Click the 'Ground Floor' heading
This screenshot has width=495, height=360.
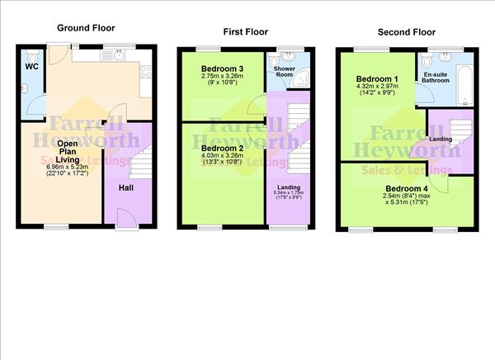click(84, 27)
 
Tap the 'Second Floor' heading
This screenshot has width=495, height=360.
click(406, 32)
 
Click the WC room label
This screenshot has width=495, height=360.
click(31, 66)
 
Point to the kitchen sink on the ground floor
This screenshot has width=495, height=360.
click(117, 57)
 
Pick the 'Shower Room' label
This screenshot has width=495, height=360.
click(285, 83)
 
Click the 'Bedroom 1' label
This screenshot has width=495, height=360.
click(374, 78)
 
